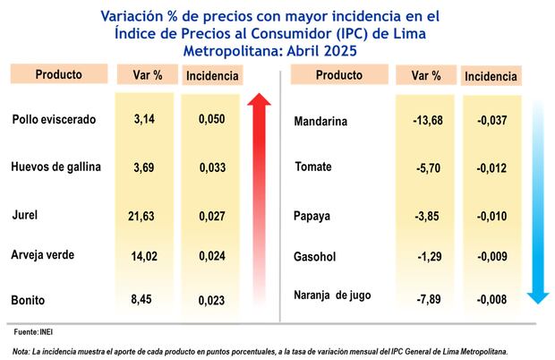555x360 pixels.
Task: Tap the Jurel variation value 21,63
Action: [x=144, y=216]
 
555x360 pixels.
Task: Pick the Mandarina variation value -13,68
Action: [x=424, y=121]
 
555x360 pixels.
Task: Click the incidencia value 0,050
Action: [x=211, y=119]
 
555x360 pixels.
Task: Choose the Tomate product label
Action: [x=313, y=167]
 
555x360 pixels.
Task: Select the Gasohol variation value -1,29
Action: [x=428, y=257]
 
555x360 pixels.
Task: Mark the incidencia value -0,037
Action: [x=491, y=121]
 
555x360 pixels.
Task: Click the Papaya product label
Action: [x=313, y=216]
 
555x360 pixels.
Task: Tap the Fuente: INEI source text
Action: [x=32, y=332]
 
